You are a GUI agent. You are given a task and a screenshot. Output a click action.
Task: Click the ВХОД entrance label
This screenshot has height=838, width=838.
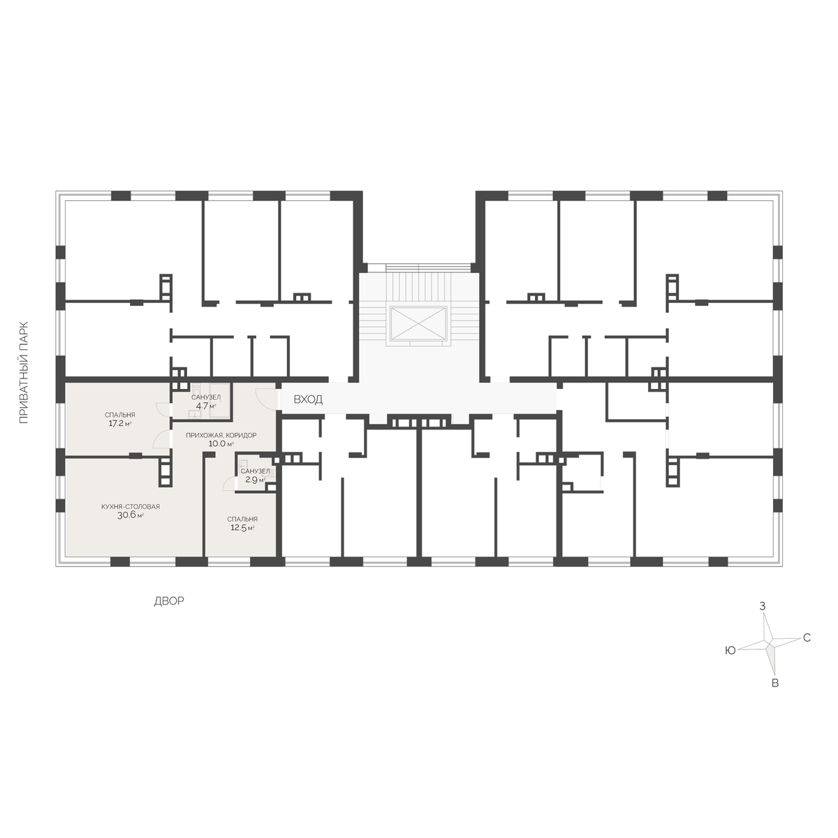(x=308, y=399)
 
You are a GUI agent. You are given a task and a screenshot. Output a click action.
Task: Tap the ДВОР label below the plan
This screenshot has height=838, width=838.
(x=169, y=601)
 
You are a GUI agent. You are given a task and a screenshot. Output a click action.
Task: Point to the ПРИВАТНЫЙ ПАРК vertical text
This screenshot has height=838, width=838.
(x=24, y=373)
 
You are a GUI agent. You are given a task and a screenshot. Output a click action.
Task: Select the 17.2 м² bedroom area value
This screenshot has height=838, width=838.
(x=120, y=423)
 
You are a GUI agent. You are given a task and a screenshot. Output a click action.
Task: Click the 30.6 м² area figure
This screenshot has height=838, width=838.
(x=131, y=515)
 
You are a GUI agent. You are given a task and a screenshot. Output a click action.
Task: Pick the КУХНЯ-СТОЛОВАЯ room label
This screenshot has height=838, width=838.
(x=131, y=506)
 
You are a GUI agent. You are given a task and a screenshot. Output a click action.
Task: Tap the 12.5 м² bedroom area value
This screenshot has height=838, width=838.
(x=242, y=528)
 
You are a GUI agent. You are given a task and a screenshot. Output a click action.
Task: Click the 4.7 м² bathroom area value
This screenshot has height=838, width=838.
(x=206, y=406)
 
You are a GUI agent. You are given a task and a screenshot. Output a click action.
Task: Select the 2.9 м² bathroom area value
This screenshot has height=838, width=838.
(x=256, y=480)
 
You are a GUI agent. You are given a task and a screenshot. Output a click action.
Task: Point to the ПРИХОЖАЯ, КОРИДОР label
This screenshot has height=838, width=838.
(x=221, y=435)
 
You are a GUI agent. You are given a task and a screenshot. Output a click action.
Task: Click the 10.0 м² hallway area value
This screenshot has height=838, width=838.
(x=221, y=444)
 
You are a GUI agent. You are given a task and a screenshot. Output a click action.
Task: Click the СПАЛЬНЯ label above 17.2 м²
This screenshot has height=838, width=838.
(x=120, y=415)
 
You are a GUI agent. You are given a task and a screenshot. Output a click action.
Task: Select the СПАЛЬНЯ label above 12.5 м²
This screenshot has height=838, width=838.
(x=242, y=520)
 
